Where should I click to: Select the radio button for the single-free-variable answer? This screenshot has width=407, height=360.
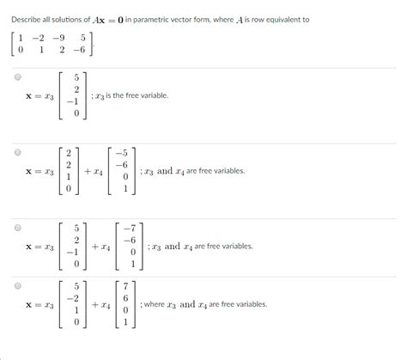pos(16,77)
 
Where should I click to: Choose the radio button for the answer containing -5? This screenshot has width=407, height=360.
pos(16,152)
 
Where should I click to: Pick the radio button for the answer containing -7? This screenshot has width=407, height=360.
pos(16,229)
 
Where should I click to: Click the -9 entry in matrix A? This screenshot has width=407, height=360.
pos(58,37)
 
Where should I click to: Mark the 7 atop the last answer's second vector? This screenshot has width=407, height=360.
pos(127,286)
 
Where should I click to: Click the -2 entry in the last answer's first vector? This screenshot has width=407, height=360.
pos(77,298)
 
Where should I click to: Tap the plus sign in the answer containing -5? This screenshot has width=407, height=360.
pos(88,172)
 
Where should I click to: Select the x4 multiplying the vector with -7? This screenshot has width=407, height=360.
pos(106,247)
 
